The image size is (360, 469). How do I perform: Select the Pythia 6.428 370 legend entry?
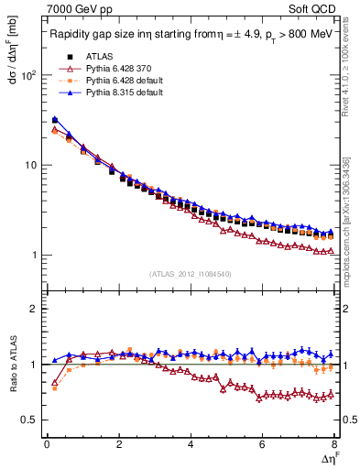pos(115,69)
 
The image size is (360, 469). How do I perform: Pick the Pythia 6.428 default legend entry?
pos(117,81)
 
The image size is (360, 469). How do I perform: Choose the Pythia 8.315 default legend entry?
pos(117,93)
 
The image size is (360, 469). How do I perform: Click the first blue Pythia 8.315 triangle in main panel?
pos(54,119)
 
